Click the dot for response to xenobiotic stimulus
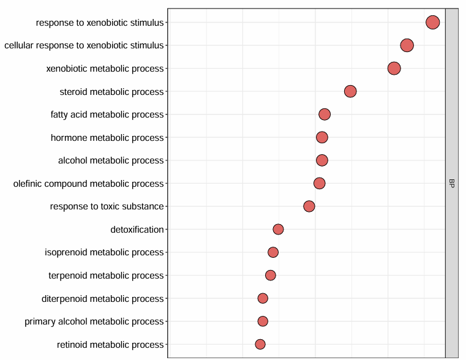[x=432, y=23]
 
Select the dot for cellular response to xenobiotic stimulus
[x=407, y=45]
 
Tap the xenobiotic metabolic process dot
[x=394, y=68]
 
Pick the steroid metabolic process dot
[x=350, y=91]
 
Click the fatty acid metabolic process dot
[x=325, y=114]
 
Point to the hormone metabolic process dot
[x=322, y=137]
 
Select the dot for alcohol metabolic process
[x=322, y=160]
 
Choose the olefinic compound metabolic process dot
[x=320, y=183]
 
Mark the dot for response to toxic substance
[x=309, y=206]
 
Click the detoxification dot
[x=278, y=230]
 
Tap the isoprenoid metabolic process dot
[x=273, y=252]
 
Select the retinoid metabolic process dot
[x=260, y=345]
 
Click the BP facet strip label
[x=451, y=183]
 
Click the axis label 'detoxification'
[x=137, y=230]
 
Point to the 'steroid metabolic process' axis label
[x=112, y=92]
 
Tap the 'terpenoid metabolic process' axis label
[x=107, y=276]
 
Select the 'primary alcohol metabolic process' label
[x=94, y=321]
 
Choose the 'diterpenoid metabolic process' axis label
[x=103, y=299]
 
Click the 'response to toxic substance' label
[x=107, y=206]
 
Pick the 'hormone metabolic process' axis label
[x=107, y=138]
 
